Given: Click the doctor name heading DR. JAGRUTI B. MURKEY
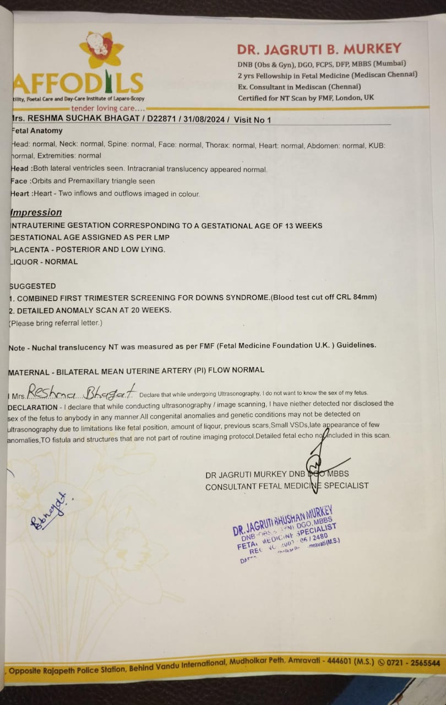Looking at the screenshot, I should (x=319, y=49).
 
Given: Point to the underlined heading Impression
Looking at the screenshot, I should (x=36, y=213).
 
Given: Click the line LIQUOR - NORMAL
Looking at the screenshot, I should (x=43, y=262).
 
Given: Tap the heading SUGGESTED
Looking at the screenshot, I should (x=33, y=286).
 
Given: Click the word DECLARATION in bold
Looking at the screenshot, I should (x=32, y=407).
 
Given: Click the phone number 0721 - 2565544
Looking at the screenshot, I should (x=413, y=663).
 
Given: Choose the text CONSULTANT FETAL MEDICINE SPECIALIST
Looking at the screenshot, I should (x=287, y=486).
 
